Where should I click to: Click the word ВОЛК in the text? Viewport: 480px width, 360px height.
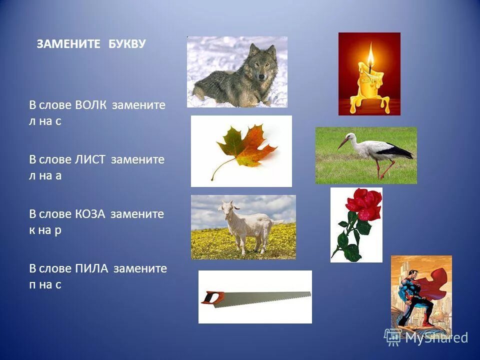pos(92,105)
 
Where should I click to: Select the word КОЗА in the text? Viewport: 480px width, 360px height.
pos(91,214)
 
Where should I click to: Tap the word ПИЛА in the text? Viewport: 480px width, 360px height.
pos(92,268)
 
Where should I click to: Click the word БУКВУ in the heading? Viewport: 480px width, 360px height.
pos(127,44)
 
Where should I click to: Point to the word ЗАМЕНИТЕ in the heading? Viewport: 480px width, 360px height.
pos(70,44)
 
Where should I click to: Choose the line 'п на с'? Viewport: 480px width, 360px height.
pos(45,285)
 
